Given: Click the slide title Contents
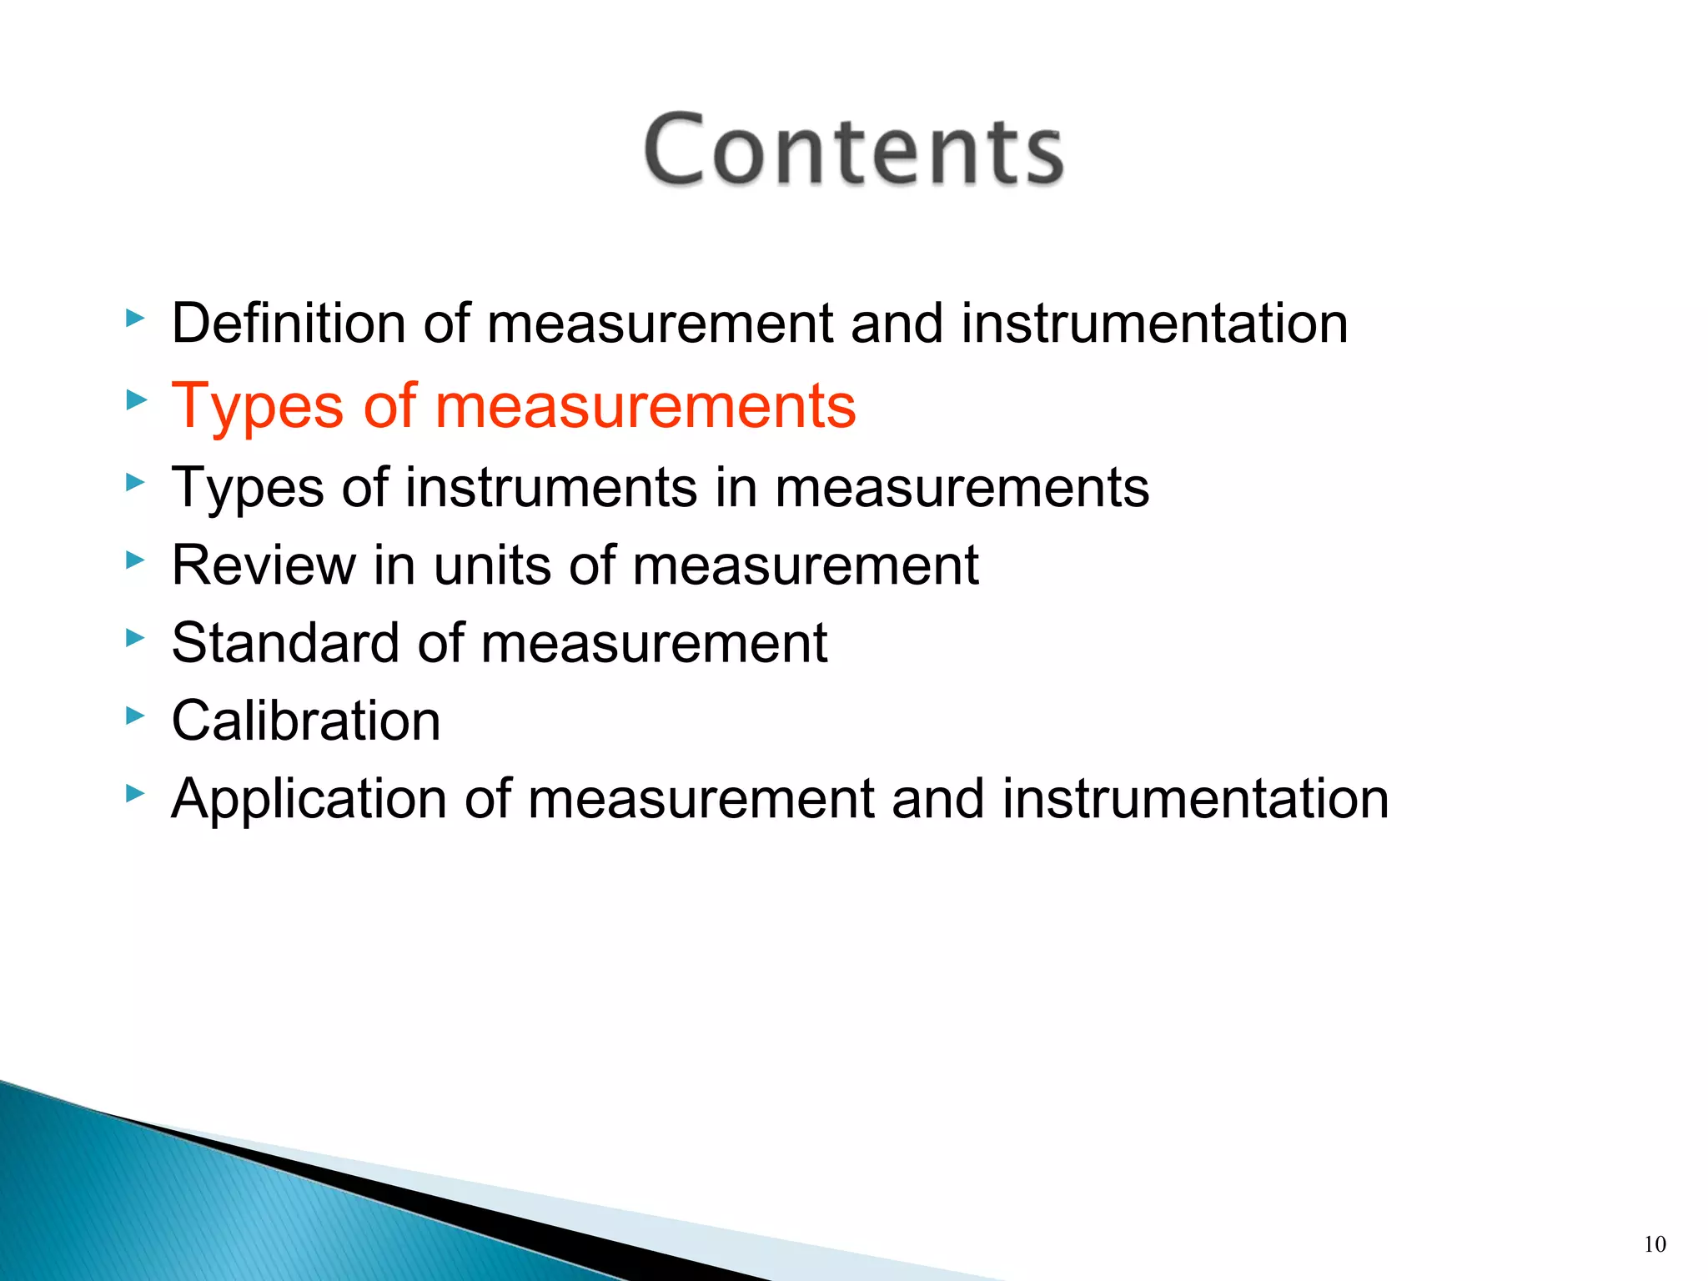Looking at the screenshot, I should (853, 150).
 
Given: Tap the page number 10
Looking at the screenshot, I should (1655, 1245).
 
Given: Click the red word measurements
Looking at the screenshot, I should (645, 407).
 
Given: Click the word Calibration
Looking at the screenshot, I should (305, 721).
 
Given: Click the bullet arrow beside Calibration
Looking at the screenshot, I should (135, 716).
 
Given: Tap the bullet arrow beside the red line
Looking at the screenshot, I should (135, 400).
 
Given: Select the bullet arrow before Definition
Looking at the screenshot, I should (135, 318).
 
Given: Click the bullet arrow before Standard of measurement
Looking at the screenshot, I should (135, 638).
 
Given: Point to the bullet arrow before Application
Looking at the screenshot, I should (135, 793).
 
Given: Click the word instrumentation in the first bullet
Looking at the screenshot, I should (1154, 324).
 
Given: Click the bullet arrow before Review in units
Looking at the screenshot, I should (135, 560).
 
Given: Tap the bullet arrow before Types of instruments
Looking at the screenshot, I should (135, 482).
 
